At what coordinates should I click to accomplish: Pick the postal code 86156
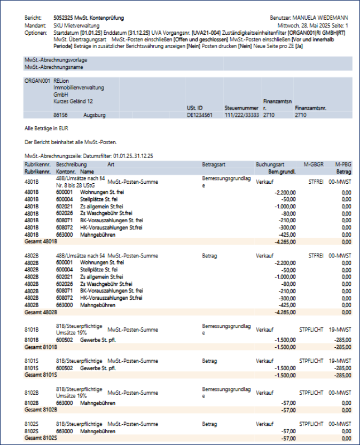pyautogui.click(x=60, y=115)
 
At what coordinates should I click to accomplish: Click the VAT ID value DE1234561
pyautogui.click(x=200, y=115)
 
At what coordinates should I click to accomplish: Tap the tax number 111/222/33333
pyautogui.click(x=241, y=115)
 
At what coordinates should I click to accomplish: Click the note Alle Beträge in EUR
pyautogui.click(x=47, y=129)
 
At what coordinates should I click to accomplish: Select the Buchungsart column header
pyautogui.click(x=270, y=164)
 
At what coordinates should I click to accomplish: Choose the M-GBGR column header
pyautogui.click(x=314, y=164)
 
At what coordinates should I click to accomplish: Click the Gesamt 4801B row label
pyautogui.click(x=41, y=241)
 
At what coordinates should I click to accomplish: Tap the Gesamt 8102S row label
pyautogui.click(x=41, y=438)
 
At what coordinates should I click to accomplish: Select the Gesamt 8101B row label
pyautogui.click(x=41, y=347)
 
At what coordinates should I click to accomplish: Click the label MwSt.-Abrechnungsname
pyautogui.click(x=55, y=67)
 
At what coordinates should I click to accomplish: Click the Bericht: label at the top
pyautogui.click(x=33, y=18)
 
